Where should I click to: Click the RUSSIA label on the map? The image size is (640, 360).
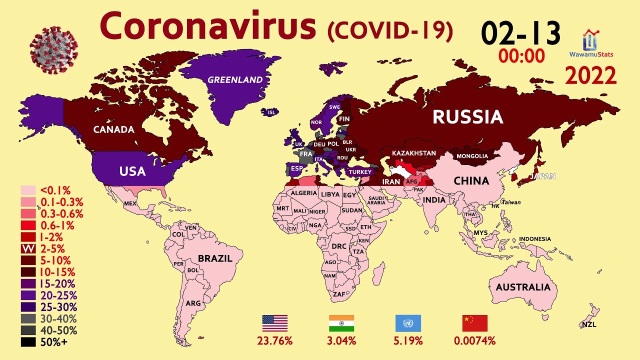click(467, 117)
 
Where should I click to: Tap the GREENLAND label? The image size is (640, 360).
click(235, 79)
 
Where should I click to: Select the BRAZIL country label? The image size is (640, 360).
click(215, 258)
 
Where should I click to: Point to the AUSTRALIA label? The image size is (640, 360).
click(523, 287)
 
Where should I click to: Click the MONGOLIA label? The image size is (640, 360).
click(472, 156)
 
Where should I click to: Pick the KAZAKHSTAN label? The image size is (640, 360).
click(413, 153)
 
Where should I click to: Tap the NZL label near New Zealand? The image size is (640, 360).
click(588, 325)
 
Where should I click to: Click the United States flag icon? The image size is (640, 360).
click(275, 323)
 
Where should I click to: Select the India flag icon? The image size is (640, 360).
click(341, 323)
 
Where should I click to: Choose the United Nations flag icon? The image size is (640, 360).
click(408, 323)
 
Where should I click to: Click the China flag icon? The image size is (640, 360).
click(474, 323)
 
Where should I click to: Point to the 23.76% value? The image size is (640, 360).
click(275, 341)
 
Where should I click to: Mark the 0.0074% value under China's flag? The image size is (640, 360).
click(474, 341)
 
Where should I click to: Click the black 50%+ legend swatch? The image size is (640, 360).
click(28, 342)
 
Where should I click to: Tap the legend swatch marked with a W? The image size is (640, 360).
click(28, 248)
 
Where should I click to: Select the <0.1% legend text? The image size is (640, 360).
click(55, 190)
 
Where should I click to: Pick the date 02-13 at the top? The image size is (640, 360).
click(520, 34)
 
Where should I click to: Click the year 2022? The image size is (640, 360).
click(590, 76)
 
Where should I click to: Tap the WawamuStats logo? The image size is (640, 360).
click(591, 44)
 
